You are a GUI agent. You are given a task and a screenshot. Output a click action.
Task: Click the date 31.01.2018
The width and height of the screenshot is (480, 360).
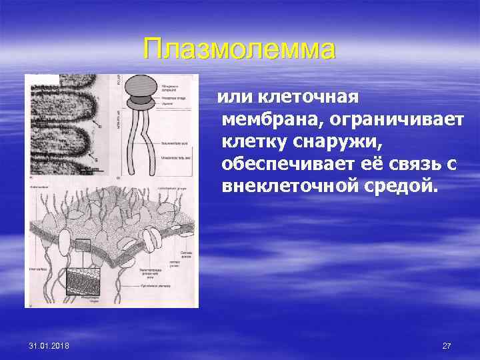tap(53, 346)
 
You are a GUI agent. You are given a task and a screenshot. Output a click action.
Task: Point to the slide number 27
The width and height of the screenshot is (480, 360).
tap(447, 346)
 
